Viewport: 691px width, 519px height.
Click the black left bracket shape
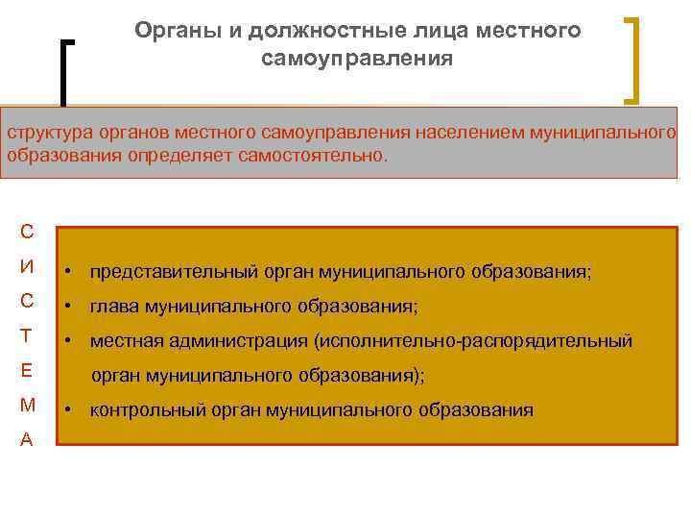pyautogui.click(x=64, y=72)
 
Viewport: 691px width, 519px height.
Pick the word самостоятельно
pyautogui.click(x=322, y=155)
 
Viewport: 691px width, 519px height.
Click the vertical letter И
pyautogui.click(x=27, y=265)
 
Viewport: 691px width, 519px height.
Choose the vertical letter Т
pyautogui.click(x=27, y=335)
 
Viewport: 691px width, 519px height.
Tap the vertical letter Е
pyautogui.click(x=27, y=370)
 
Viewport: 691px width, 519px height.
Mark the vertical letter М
pyautogui.click(x=27, y=405)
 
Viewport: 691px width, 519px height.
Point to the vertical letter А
pyautogui.click(x=27, y=439)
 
